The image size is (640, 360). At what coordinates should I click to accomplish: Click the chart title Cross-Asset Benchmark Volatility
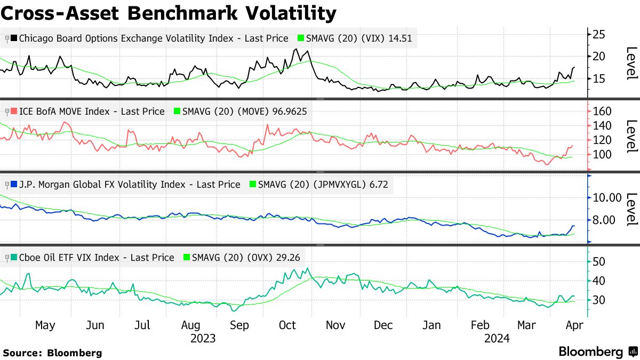(169, 13)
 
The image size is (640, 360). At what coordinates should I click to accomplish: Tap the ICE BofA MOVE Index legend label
(92, 111)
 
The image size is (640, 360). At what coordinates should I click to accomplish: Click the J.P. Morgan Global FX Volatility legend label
(130, 185)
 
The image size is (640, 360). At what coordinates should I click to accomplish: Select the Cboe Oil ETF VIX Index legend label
(97, 258)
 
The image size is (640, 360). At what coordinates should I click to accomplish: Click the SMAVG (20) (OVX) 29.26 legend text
(246, 258)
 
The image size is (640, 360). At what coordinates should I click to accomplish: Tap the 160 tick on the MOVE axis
(601, 111)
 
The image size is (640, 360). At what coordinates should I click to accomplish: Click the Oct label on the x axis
(287, 325)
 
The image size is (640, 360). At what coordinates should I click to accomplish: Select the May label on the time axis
(45, 325)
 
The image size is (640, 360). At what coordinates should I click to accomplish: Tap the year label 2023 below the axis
(203, 338)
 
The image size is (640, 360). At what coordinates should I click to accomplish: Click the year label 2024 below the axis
(497, 338)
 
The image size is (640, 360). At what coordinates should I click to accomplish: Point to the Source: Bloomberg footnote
(52, 353)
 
